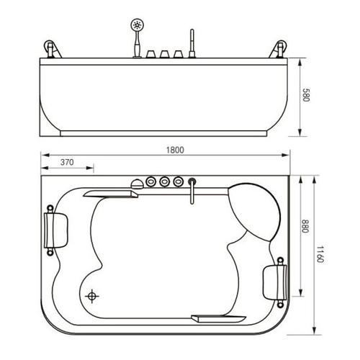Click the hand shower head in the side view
click(x=135, y=26)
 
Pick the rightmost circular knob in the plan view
click(x=178, y=181)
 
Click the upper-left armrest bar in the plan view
click(x=112, y=192)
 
